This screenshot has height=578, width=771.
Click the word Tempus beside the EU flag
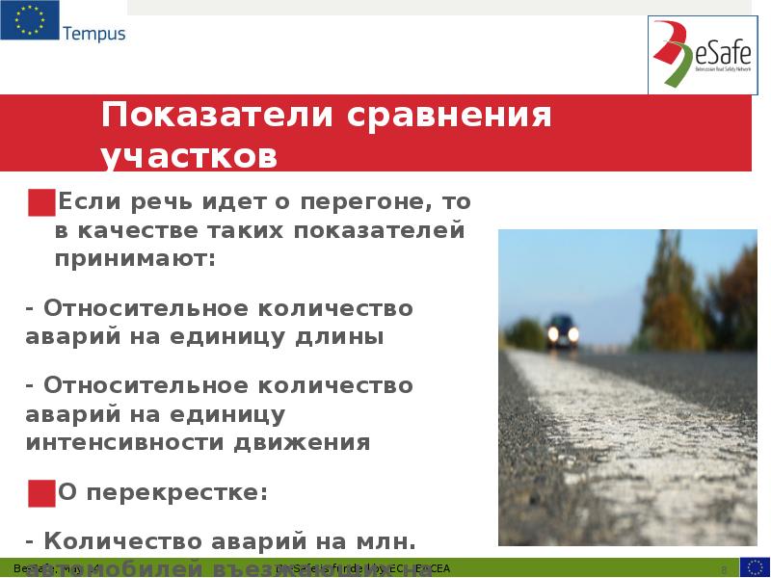click(93, 34)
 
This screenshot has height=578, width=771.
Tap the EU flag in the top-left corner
click(29, 21)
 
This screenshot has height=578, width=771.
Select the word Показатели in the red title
click(216, 118)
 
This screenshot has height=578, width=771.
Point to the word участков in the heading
click(189, 156)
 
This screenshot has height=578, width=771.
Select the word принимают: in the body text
click(136, 258)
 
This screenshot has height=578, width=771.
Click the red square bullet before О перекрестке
click(41, 492)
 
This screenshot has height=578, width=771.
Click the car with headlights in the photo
click(562, 332)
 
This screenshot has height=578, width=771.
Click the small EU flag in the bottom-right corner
click(754, 567)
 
